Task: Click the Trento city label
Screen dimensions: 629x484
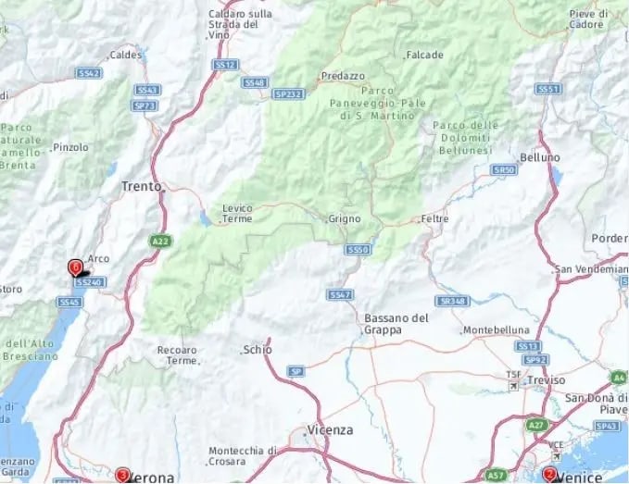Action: point(141,186)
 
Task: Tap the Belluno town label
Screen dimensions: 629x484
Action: point(540,158)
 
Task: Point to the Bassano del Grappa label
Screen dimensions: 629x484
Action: point(396,323)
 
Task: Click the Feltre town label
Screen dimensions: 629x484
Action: point(434,218)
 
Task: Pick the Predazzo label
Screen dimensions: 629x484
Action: point(343,76)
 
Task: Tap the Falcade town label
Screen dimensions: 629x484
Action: point(424,56)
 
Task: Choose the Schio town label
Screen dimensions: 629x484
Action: point(257,350)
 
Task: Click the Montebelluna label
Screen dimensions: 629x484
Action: point(497,330)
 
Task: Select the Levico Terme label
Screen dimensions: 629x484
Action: point(237,214)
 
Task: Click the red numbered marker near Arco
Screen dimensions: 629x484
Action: point(75,267)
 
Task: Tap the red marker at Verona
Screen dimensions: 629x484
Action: point(122,475)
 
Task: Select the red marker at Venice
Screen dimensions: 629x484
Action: point(549,475)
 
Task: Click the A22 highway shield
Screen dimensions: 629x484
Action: point(160,241)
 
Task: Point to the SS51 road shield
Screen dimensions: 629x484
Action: point(547,89)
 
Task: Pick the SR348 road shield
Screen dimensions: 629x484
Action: point(453,302)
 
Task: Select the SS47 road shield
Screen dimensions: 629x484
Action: point(340,294)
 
